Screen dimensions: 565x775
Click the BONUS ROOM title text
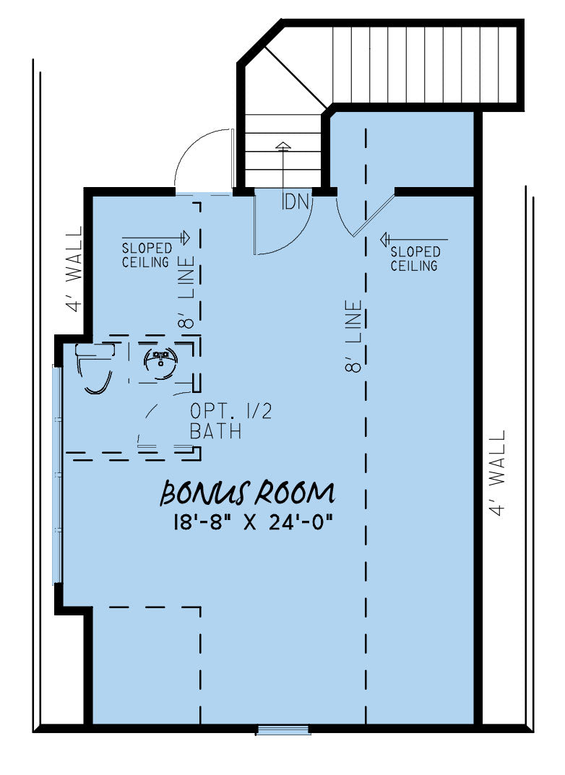tap(247, 493)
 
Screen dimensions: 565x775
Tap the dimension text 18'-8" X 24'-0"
tap(252, 522)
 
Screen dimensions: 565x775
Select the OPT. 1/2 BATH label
tap(231, 421)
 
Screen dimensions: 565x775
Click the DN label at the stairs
tap(296, 202)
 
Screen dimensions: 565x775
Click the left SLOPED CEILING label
tap(147, 255)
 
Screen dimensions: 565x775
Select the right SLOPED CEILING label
tap(415, 259)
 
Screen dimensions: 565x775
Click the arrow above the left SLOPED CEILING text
tap(156, 238)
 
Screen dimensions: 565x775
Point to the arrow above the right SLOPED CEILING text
tap(414, 240)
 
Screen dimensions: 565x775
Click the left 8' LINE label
tap(186, 292)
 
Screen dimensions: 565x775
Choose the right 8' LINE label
tap(354, 336)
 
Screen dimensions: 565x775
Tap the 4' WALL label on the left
tap(74, 269)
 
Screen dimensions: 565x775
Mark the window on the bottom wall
tap(283, 729)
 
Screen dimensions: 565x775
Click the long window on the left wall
tap(58, 475)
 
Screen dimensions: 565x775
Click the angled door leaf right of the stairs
tap(375, 216)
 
